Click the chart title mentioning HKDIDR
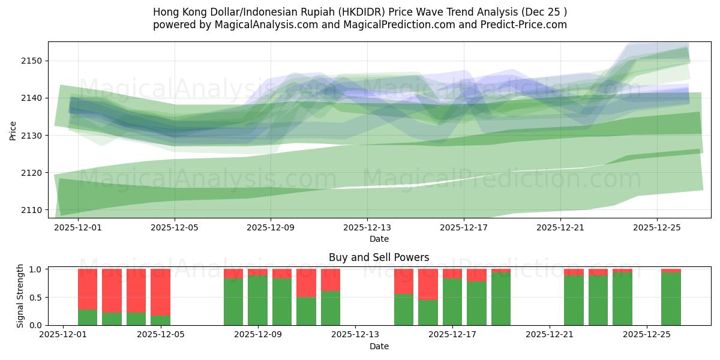pos(359,12)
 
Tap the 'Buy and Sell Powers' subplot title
pos(379,257)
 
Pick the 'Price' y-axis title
pos(13,130)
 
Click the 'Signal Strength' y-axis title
pos(20,296)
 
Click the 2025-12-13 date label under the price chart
pos(367,228)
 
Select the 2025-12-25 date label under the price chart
pos(656,228)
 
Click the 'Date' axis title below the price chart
pos(379,239)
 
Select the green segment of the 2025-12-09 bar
pos(257,300)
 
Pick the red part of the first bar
pos(88,289)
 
